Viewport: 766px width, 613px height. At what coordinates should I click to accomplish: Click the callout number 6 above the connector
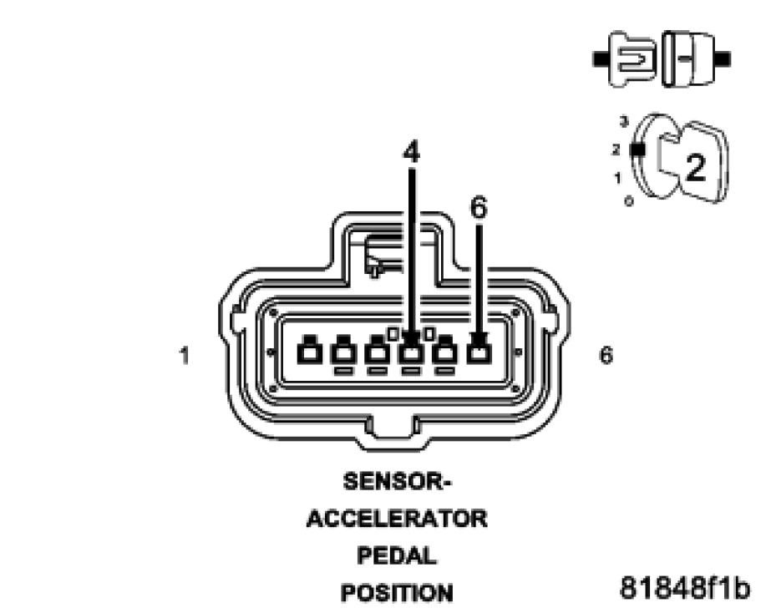point(478,208)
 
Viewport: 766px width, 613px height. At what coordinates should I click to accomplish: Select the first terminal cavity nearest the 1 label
point(309,352)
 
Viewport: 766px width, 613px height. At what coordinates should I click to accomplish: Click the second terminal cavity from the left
point(343,352)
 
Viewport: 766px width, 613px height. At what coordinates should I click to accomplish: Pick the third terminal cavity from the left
point(378,352)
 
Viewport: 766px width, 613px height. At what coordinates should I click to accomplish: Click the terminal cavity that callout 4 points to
point(411,352)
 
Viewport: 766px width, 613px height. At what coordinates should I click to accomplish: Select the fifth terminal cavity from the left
point(444,352)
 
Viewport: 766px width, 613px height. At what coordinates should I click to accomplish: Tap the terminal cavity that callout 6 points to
point(478,352)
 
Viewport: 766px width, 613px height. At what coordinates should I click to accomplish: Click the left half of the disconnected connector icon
point(634,60)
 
